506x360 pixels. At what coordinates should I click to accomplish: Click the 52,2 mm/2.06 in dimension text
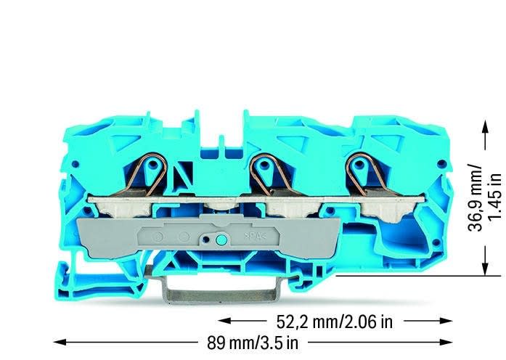point(335,322)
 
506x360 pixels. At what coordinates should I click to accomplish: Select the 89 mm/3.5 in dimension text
point(253,343)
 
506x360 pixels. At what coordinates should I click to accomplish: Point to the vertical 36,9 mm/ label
point(475,199)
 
